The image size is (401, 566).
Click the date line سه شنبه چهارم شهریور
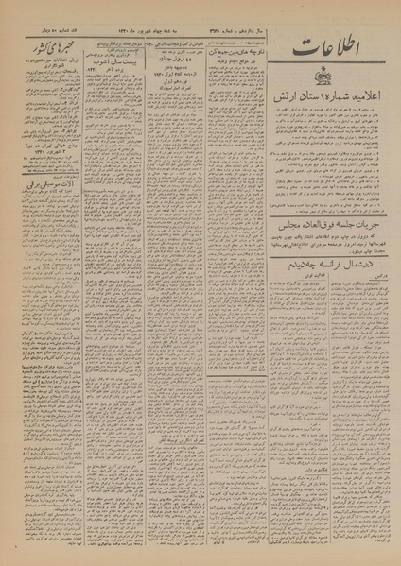point(169,35)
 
